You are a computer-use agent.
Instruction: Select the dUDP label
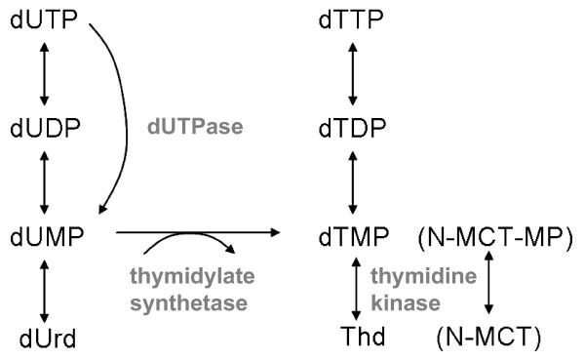(x=43, y=128)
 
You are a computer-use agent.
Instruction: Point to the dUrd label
(x=42, y=340)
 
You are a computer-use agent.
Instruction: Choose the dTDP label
(x=352, y=128)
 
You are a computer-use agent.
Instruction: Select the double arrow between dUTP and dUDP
(x=43, y=73)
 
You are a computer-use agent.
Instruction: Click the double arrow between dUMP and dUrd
(x=43, y=288)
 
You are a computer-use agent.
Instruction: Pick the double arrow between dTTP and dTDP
(x=352, y=73)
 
